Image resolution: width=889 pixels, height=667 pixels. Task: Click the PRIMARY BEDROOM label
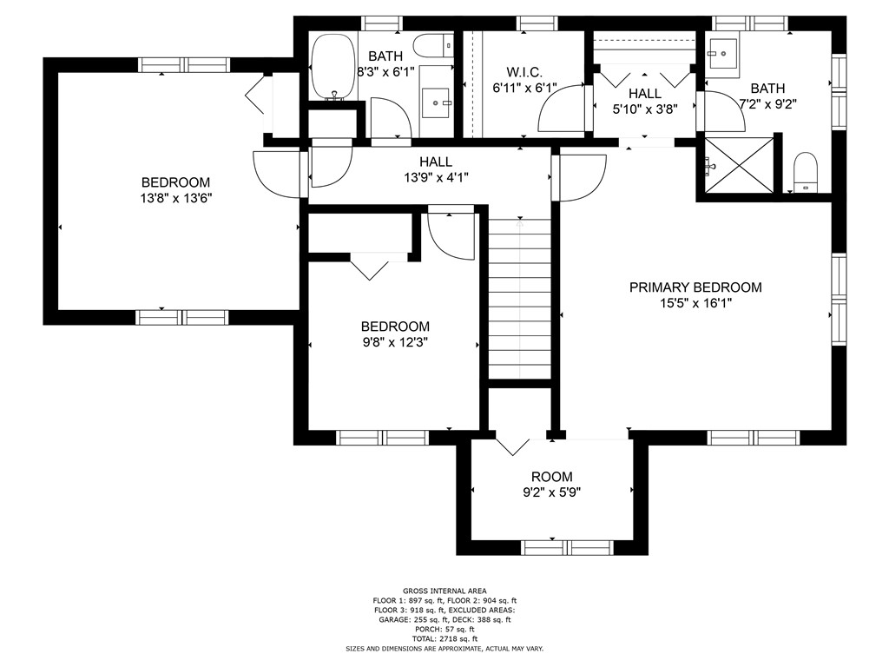point(695,287)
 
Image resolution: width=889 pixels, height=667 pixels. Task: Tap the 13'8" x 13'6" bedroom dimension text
point(176,198)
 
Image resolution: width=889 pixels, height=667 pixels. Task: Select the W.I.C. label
point(524,71)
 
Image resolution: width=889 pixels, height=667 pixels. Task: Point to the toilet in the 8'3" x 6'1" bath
point(431,44)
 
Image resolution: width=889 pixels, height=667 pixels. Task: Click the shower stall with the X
point(738,164)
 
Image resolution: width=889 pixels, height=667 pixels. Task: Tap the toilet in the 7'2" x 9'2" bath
point(807,171)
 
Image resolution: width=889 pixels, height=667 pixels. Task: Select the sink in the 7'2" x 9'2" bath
point(722,51)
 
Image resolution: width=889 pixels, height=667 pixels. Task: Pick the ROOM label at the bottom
point(551,477)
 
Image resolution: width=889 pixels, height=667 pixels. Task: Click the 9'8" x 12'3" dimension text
point(395,342)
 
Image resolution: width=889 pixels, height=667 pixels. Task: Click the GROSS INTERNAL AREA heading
point(444,591)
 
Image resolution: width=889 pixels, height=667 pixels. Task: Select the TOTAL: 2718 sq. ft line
point(444,638)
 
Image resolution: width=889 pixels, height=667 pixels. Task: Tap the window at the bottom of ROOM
point(568,547)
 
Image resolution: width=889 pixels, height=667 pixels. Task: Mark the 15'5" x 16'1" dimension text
point(695,304)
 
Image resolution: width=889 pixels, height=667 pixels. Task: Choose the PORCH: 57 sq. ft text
point(444,629)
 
